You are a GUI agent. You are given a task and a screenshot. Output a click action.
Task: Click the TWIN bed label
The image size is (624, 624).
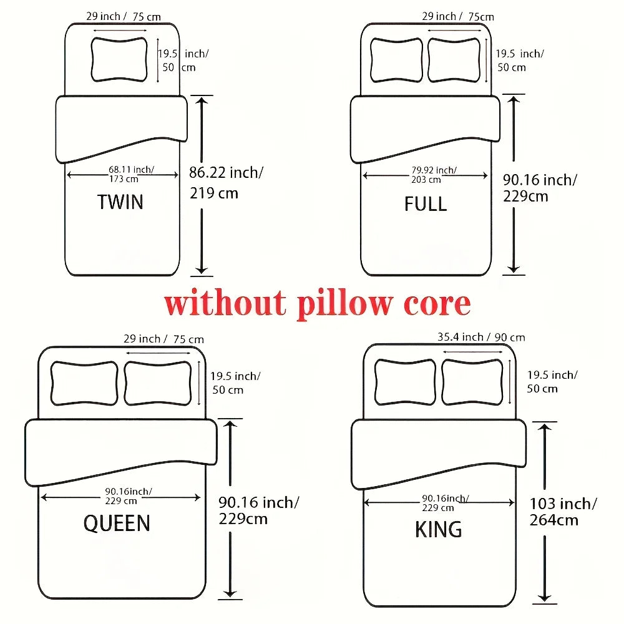(x=120, y=202)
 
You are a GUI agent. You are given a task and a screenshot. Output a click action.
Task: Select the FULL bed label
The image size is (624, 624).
(x=426, y=204)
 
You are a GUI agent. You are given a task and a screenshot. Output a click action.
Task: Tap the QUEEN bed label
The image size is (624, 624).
(x=117, y=523)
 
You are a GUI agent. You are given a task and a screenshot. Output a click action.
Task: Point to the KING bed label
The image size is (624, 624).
(x=438, y=529)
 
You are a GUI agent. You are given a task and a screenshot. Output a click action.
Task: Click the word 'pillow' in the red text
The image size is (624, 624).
(x=345, y=304)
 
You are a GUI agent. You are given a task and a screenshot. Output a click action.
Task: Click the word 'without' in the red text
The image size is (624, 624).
(x=225, y=303)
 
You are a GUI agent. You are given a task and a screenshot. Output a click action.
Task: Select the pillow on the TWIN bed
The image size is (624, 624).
(x=119, y=60)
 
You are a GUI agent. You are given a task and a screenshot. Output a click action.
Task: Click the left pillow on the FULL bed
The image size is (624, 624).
(x=396, y=60)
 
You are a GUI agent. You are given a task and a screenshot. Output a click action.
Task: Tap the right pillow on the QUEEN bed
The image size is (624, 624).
(x=158, y=383)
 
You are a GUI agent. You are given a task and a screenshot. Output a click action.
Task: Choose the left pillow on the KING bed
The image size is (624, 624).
(x=405, y=382)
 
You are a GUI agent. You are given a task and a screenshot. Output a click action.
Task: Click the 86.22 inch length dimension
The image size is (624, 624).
(x=226, y=173)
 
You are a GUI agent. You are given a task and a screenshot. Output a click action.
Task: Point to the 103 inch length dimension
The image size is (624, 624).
(x=563, y=504)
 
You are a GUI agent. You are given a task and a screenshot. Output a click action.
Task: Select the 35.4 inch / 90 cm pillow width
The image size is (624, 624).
(x=481, y=337)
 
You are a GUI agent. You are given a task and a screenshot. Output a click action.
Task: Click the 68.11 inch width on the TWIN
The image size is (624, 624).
(x=131, y=170)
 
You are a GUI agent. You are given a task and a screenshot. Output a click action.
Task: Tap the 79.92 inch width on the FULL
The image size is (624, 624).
(x=434, y=170)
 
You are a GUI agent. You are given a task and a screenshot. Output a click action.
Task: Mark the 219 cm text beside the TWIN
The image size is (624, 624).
(x=213, y=193)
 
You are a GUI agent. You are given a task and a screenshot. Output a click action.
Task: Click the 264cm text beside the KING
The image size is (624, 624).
(x=553, y=520)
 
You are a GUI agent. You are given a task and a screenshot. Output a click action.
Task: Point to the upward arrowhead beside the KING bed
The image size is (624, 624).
(x=544, y=427)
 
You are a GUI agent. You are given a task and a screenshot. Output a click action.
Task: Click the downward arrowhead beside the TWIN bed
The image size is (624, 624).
(x=202, y=270)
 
